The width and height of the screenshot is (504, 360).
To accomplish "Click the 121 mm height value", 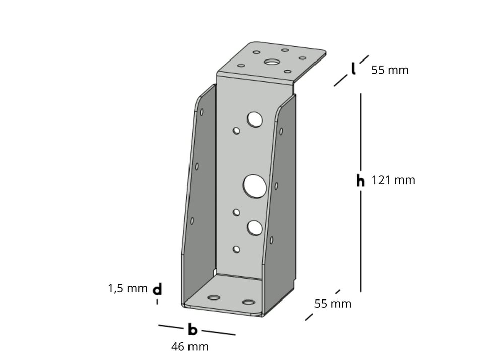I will (x=393, y=180).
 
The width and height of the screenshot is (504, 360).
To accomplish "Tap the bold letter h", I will (x=360, y=181).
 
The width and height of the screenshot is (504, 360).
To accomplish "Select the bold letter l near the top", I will (x=354, y=69).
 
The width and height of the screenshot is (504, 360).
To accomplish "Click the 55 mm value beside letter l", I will (x=390, y=70).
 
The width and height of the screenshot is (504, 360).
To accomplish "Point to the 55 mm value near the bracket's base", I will (x=333, y=304).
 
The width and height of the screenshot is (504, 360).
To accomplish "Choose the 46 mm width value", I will (x=190, y=347).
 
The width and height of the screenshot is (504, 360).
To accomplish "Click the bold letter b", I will (x=192, y=330).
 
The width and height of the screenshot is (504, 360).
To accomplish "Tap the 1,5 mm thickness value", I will (x=128, y=288).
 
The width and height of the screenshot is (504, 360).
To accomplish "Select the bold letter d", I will (x=157, y=289).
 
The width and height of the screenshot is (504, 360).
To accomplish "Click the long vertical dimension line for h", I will (x=361, y=131).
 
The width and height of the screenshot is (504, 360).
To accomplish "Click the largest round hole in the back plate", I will (x=255, y=186).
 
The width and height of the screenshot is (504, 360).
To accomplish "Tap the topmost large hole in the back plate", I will (x=255, y=119).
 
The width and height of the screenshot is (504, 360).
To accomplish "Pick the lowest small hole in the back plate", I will (x=236, y=249).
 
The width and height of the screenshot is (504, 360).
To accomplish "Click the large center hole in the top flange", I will (x=272, y=63).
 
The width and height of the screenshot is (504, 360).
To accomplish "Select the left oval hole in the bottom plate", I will (x=214, y=297).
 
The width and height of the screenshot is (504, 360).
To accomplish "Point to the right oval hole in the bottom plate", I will (x=248, y=302).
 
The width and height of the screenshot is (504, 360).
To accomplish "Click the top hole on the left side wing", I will (x=202, y=112).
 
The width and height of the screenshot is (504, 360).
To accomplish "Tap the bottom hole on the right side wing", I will (x=271, y=240).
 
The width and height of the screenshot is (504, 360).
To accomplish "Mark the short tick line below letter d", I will (x=157, y=302).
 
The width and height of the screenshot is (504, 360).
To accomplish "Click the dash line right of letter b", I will (x=218, y=333).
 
